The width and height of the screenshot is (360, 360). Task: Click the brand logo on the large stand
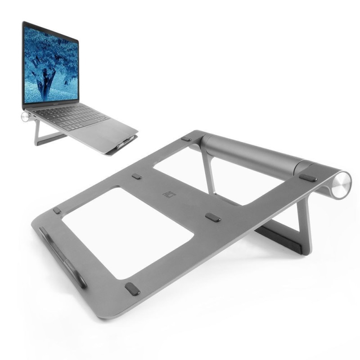pyautogui.click(x=166, y=194)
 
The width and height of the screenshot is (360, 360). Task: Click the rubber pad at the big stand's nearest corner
pyautogui.click(x=132, y=288)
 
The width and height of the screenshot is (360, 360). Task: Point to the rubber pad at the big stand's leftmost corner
pyautogui.click(x=57, y=210)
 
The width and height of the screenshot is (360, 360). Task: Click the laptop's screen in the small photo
pyautogui.click(x=51, y=63)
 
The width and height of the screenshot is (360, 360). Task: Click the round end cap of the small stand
pyautogui.click(x=24, y=117)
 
